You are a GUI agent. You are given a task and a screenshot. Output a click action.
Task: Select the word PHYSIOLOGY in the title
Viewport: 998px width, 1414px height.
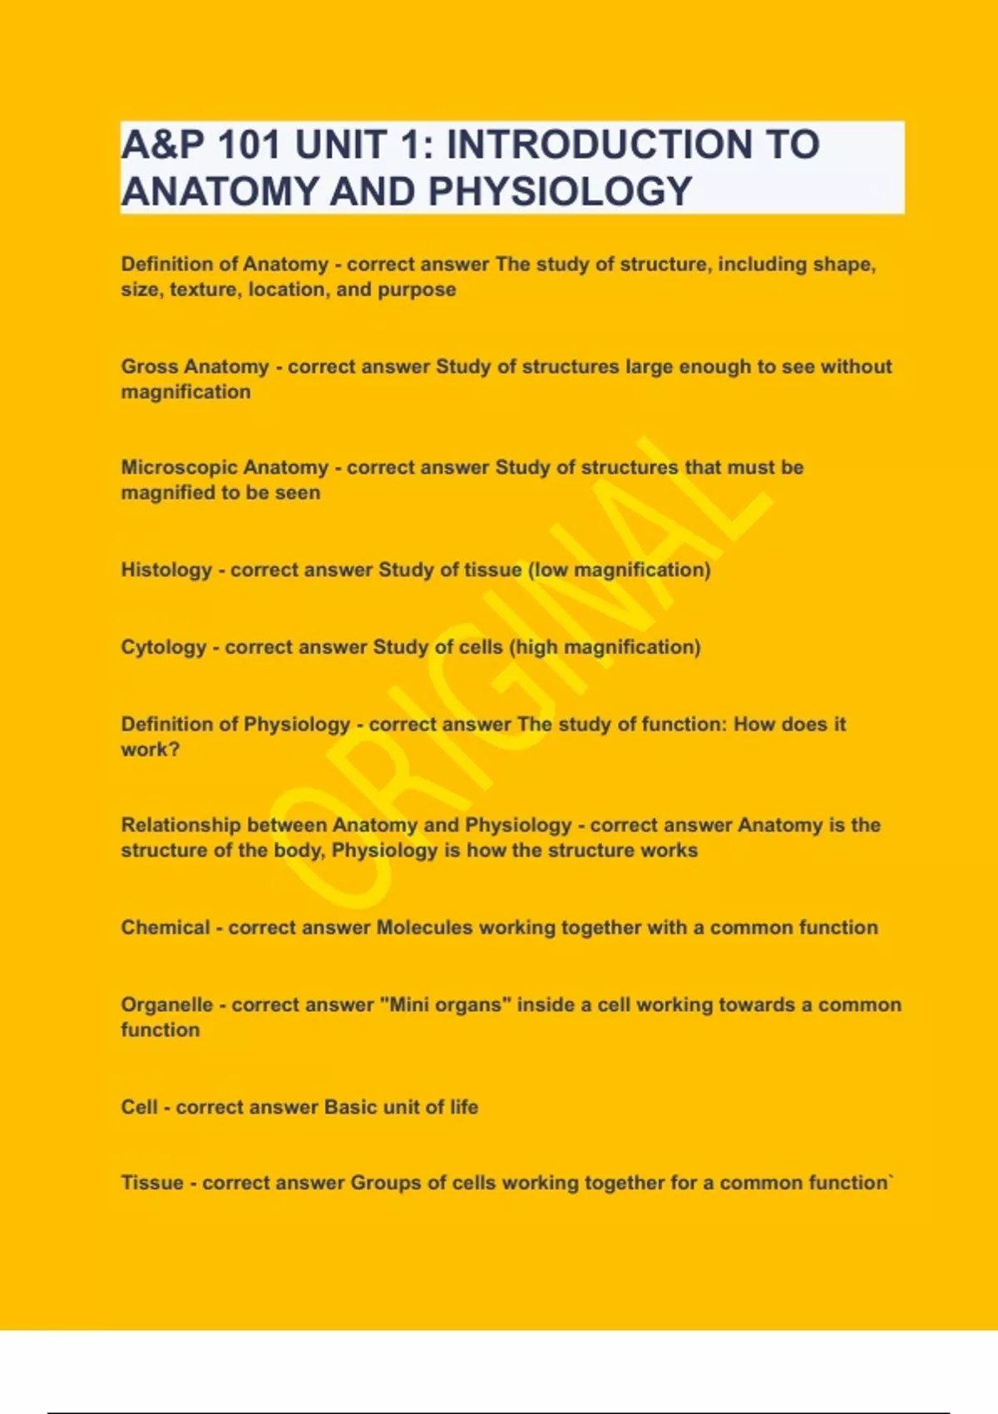tap(560, 191)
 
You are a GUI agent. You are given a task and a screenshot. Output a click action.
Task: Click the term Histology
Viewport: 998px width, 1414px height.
tap(166, 570)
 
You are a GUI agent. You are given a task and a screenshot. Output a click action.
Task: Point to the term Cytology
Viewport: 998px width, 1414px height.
tap(163, 647)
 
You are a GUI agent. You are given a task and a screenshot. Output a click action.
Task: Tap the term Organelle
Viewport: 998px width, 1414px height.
tap(166, 1005)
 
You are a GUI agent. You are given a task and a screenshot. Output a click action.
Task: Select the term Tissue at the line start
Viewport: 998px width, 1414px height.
tap(152, 1183)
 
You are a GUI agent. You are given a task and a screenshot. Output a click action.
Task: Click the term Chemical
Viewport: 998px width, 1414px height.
tap(165, 927)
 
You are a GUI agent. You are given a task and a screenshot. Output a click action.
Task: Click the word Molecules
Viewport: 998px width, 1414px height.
tap(424, 927)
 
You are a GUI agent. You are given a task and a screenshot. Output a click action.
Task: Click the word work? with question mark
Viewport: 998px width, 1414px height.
tap(150, 749)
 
